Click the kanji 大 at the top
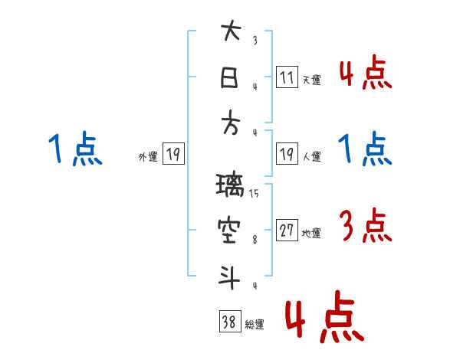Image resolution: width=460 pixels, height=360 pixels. (x=230, y=33)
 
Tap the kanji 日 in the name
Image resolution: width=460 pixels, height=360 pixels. (x=230, y=77)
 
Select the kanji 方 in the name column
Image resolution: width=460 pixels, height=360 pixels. (x=230, y=123)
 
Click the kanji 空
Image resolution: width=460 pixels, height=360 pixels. (x=230, y=231)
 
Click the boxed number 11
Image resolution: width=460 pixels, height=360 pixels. (x=287, y=78)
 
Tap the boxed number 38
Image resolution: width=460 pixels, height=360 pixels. (x=229, y=322)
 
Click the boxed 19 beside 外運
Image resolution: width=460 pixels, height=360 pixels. (x=172, y=155)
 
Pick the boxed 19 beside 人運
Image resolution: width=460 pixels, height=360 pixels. (x=287, y=155)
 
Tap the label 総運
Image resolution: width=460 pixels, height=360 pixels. (x=255, y=325)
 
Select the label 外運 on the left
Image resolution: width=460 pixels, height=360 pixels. (x=147, y=157)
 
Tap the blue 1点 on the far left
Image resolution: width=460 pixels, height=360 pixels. (x=74, y=149)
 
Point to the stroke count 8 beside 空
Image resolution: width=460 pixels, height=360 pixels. (x=254, y=239)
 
